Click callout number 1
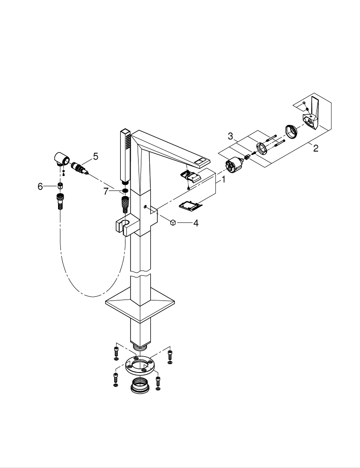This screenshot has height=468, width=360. point(223,179)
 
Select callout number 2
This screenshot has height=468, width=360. point(316,148)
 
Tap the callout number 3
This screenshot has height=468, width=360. point(230,136)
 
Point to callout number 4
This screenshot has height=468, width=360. point(196,223)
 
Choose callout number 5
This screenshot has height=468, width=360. point(96,156)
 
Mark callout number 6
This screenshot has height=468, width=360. point(40,186)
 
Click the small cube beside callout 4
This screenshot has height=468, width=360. point(173,223)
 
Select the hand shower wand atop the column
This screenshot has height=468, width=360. point(125,154)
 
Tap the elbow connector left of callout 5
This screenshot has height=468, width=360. point(61,159)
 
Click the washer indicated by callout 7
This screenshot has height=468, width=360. point(125,191)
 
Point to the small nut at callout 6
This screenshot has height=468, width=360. point(60,186)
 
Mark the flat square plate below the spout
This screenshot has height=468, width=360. point(190,205)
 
